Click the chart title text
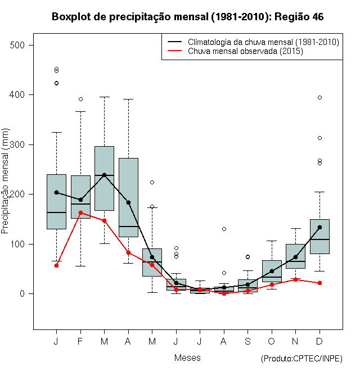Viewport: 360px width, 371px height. coord(187,17)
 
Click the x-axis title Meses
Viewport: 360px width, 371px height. coord(187,358)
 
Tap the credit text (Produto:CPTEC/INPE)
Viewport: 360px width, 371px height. coord(301,359)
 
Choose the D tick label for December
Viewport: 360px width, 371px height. coord(319,342)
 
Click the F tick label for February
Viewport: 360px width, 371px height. coord(80,342)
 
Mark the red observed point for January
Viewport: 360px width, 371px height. coord(56,265)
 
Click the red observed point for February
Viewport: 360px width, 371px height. coord(80,212)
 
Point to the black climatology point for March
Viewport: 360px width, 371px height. coord(104,175)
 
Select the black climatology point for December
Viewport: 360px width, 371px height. coord(319,228)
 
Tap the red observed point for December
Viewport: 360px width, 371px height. coord(319,283)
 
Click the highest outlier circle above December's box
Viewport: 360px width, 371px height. coord(319,97)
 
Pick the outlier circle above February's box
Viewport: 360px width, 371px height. coord(80,99)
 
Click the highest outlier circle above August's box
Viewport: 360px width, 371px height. coord(224,229)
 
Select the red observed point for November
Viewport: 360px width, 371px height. coord(295,279)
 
